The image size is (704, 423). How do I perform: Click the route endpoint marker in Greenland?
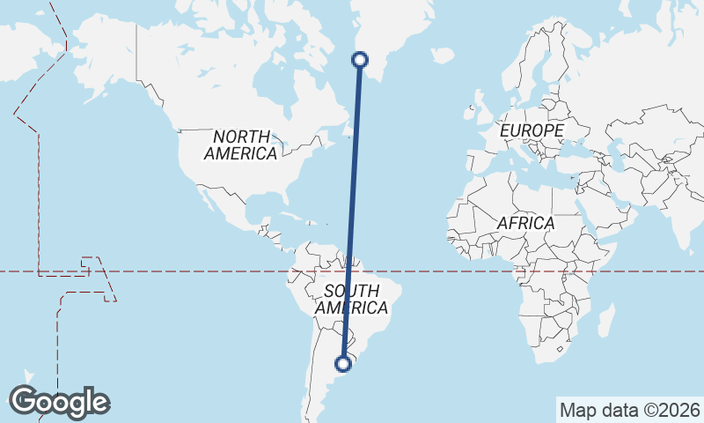[359, 60]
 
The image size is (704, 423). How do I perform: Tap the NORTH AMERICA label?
[240, 145]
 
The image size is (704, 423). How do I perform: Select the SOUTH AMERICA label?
[351, 300]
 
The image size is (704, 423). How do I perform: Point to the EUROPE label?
[531, 130]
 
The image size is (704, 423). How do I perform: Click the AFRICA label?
[525, 223]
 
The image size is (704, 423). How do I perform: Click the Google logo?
[60, 402]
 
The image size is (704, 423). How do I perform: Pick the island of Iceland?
[443, 56]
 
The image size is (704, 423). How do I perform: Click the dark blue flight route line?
[352, 211]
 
